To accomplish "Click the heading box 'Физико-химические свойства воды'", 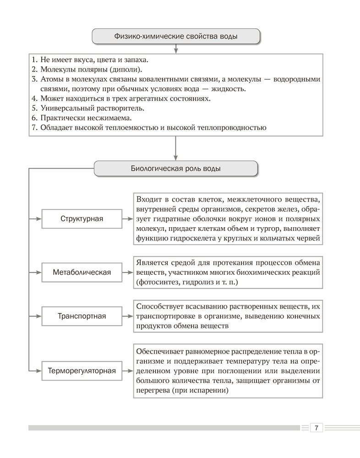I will [176, 36].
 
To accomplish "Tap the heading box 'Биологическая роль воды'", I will [176, 169].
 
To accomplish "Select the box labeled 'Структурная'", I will [82, 218].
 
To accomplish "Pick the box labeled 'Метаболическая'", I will [82, 273].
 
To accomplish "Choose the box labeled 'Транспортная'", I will [82, 316].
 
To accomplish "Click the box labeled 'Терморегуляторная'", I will [82, 371].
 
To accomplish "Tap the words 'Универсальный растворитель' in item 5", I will [92, 108].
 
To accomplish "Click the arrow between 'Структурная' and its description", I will [127, 218].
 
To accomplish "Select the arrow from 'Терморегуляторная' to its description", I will [127, 371].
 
